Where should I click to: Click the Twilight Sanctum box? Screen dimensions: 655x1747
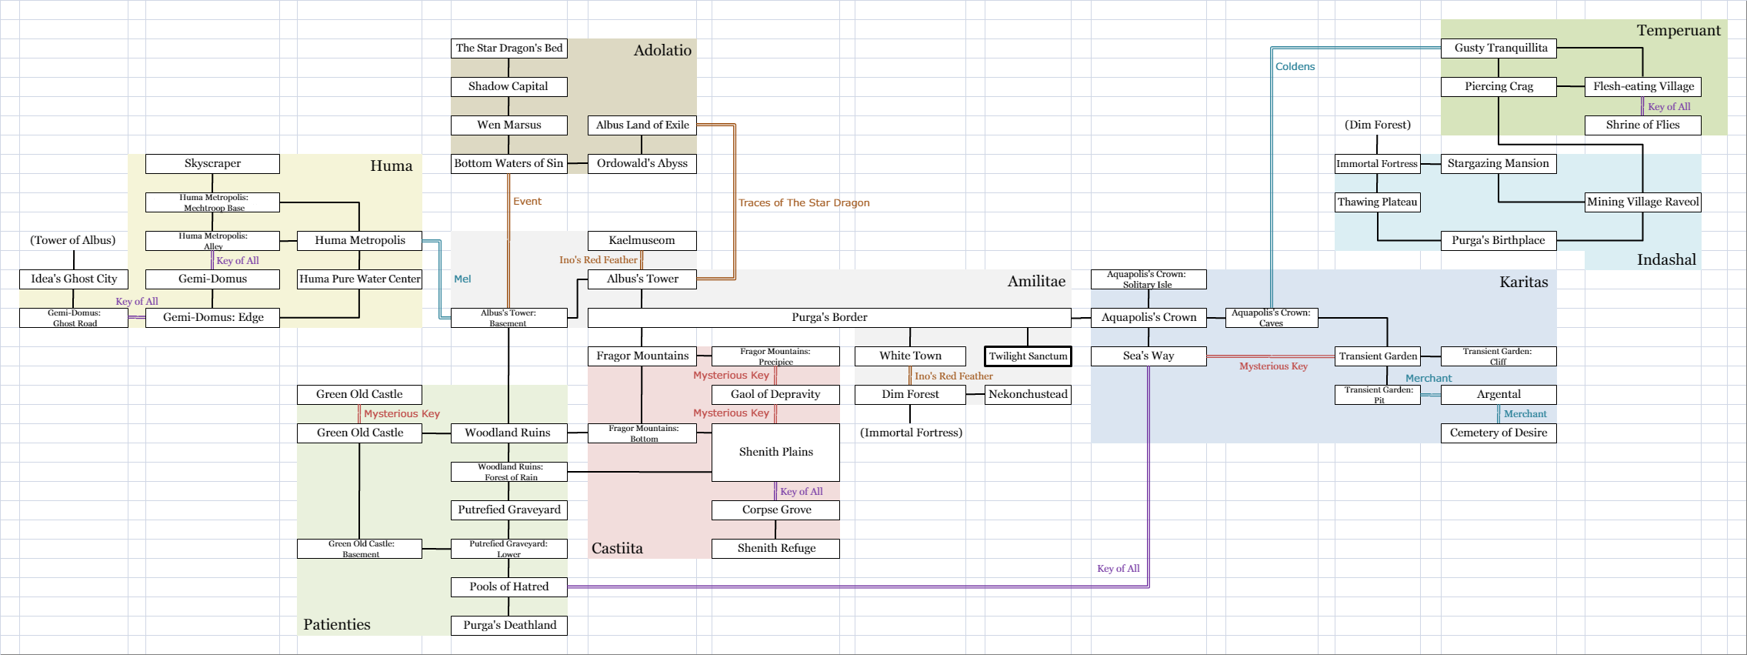(x=1028, y=356)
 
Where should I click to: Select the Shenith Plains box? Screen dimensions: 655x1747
(x=775, y=452)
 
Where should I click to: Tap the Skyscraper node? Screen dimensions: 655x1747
(x=212, y=163)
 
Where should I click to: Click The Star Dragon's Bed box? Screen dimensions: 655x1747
(x=508, y=48)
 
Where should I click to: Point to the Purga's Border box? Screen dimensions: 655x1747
(x=828, y=317)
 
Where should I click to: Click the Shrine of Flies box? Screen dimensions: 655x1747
(x=1642, y=125)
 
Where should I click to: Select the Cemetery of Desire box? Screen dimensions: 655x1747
(x=1498, y=433)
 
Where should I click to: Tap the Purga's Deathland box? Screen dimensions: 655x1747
(x=508, y=625)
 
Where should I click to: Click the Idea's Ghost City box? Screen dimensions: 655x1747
(x=74, y=279)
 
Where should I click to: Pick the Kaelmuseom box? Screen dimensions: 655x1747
(x=642, y=240)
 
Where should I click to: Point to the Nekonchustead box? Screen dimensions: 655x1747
(x=1028, y=394)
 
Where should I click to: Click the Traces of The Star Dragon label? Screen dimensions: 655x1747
(x=804, y=202)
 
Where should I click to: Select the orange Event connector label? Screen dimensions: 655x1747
(x=527, y=201)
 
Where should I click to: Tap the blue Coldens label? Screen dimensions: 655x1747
(x=1295, y=66)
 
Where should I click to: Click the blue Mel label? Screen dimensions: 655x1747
(x=462, y=279)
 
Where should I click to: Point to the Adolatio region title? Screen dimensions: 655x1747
(x=662, y=50)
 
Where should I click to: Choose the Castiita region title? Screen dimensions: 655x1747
(x=617, y=548)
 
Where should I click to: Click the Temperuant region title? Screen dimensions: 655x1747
(x=1679, y=30)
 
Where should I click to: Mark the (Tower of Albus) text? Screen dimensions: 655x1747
(x=73, y=240)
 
